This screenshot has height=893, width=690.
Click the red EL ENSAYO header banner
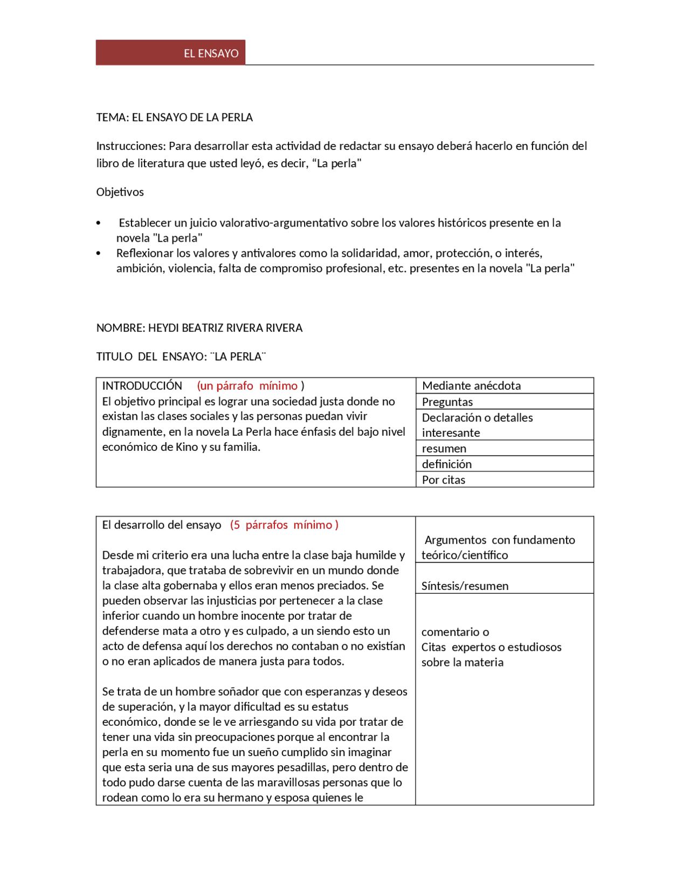click(170, 53)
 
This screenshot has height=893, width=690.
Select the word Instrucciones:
click(130, 146)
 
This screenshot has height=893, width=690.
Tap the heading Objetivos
click(120, 192)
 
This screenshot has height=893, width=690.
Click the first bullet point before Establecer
click(98, 223)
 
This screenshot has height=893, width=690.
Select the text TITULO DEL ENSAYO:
click(151, 356)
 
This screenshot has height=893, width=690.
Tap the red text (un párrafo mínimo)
click(250, 386)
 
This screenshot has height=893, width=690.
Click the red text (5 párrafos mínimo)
click(284, 525)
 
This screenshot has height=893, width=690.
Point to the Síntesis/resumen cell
click(465, 586)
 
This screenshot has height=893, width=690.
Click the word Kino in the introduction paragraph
click(187, 447)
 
